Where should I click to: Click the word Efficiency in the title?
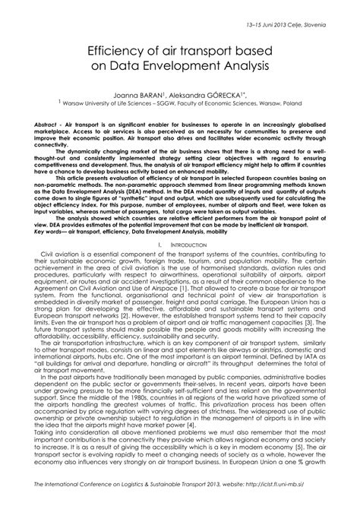(x=122, y=51)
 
